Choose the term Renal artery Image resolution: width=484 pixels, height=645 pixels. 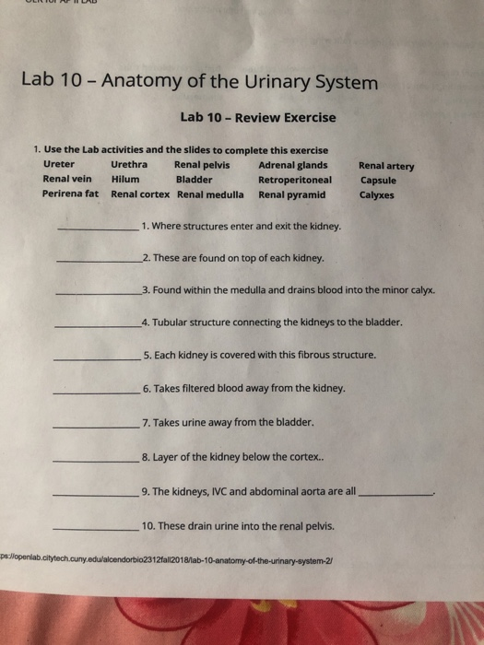click(386, 167)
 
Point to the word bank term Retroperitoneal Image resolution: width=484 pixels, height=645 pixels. click(295, 180)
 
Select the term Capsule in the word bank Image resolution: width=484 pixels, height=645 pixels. click(378, 181)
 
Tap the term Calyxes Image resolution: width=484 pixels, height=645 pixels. click(377, 195)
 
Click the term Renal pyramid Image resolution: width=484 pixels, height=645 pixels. click(292, 194)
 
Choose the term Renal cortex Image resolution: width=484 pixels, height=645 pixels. click(140, 194)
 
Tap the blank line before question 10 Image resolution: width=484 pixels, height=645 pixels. click(96, 529)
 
